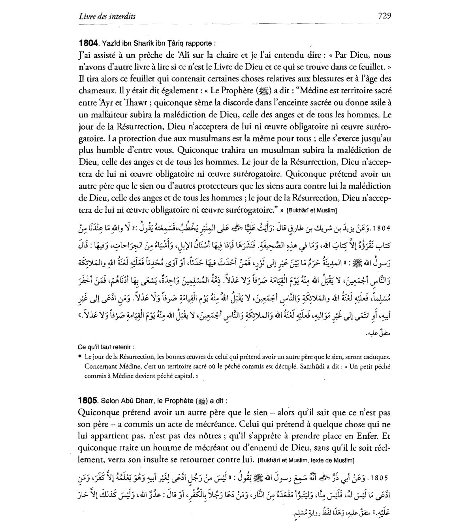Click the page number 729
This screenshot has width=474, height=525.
[384, 16]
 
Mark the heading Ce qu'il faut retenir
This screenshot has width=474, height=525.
[106, 347]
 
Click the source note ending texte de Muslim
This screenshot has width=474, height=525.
[305, 460]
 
